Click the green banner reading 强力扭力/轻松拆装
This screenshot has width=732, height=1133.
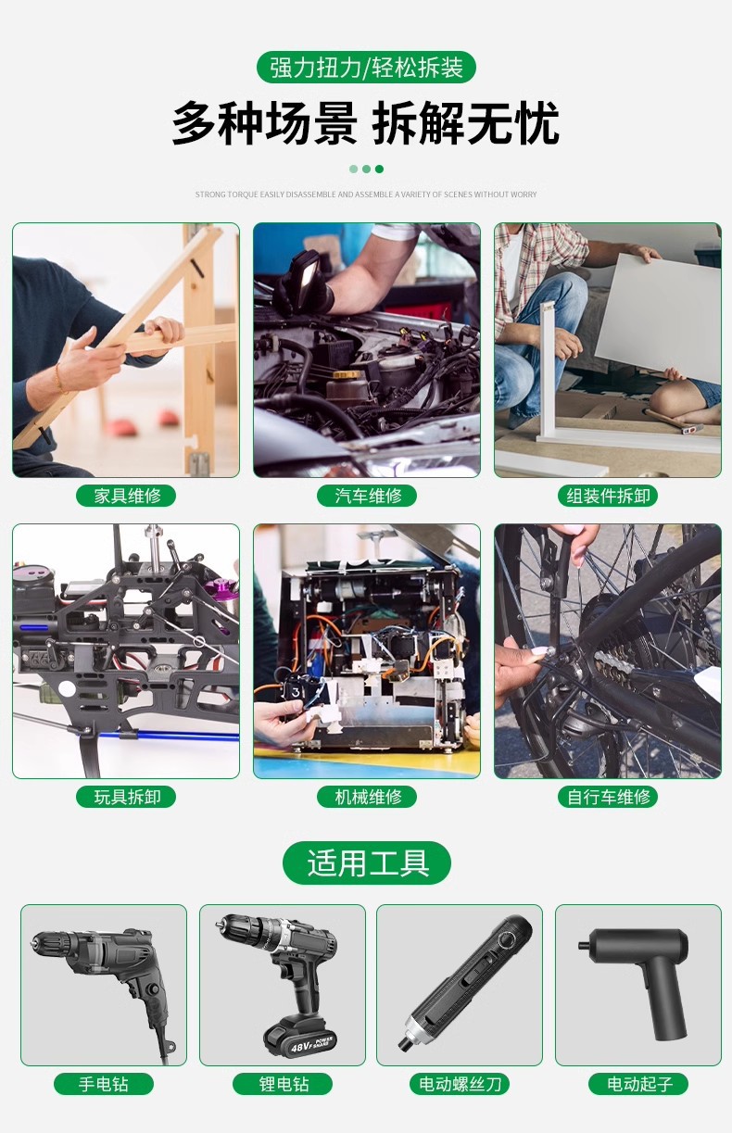point(366,68)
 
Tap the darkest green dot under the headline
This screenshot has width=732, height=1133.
point(379,169)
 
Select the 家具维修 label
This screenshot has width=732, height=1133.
point(126,496)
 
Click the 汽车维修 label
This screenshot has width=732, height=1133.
point(367,496)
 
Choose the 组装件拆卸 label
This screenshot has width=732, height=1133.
point(608,496)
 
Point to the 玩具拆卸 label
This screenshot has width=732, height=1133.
point(126,797)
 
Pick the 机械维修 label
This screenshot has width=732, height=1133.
point(367,797)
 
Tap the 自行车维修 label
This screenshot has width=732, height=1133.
point(608,797)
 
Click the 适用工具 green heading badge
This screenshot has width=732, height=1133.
point(367,862)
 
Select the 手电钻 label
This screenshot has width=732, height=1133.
point(104,1084)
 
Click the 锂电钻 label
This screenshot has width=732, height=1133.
point(283,1084)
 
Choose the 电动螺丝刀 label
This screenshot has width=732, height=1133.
point(460,1084)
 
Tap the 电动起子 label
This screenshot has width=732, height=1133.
point(638,1084)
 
